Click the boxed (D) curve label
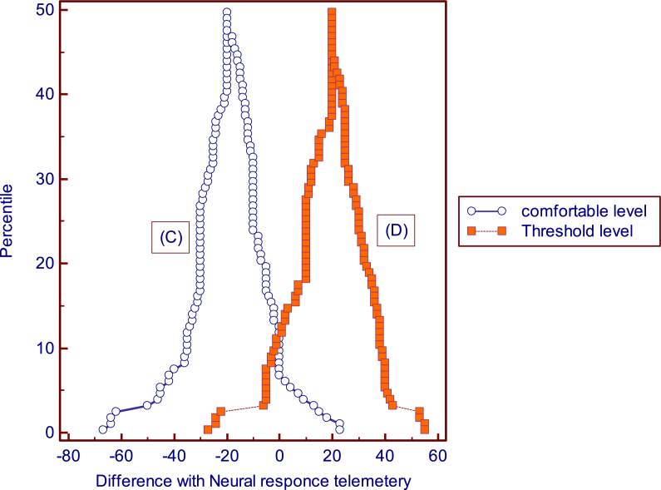coord(397,230)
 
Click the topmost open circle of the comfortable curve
coord(226,12)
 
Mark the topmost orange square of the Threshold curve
coord(332,13)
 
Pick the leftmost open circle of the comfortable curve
coord(103,429)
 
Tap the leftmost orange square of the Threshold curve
coord(208,429)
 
